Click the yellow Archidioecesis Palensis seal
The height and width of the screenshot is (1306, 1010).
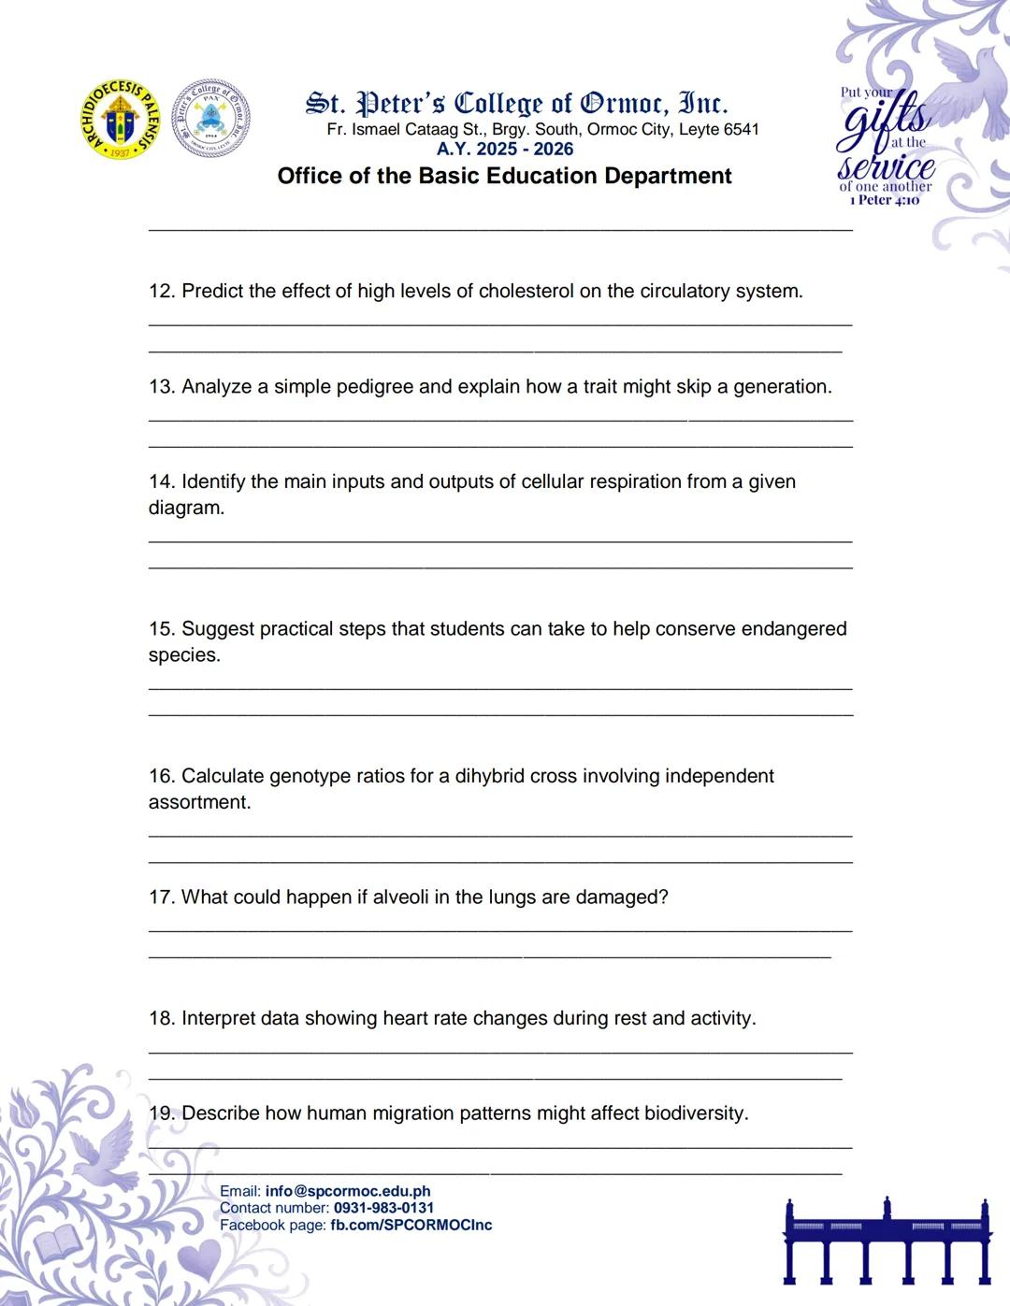(120, 119)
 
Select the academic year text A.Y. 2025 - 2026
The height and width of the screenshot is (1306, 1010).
(505, 149)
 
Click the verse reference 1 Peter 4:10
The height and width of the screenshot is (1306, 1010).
(884, 200)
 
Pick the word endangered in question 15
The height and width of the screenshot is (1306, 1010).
(793, 628)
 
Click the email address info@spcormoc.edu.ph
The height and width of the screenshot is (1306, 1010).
(348, 1191)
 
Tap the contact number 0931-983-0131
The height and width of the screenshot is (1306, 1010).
(383, 1208)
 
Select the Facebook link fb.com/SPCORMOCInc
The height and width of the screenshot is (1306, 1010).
(411, 1225)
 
